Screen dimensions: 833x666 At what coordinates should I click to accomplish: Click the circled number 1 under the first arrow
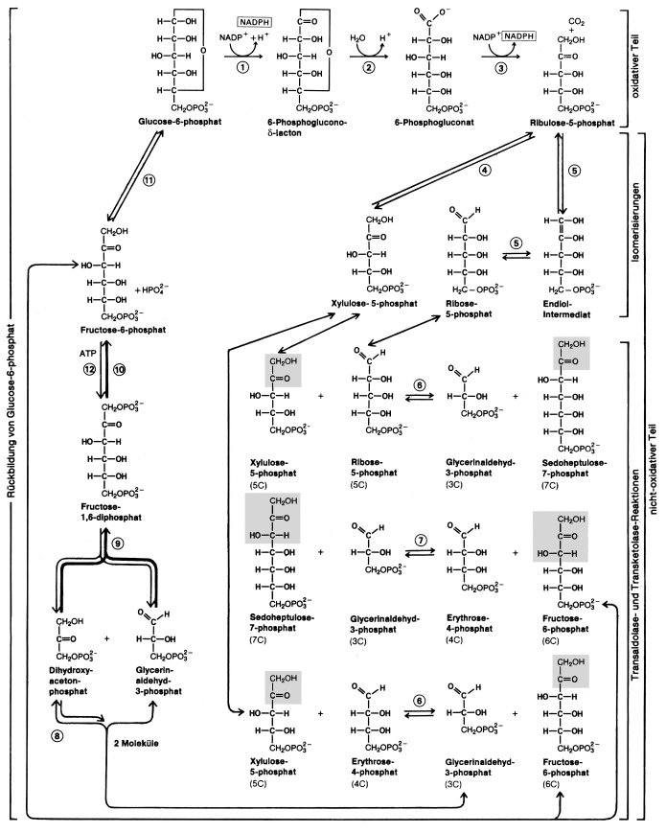(242, 68)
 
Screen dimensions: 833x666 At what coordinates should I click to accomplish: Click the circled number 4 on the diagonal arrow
(485, 171)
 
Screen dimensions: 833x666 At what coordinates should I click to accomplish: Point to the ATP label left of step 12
(89, 351)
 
